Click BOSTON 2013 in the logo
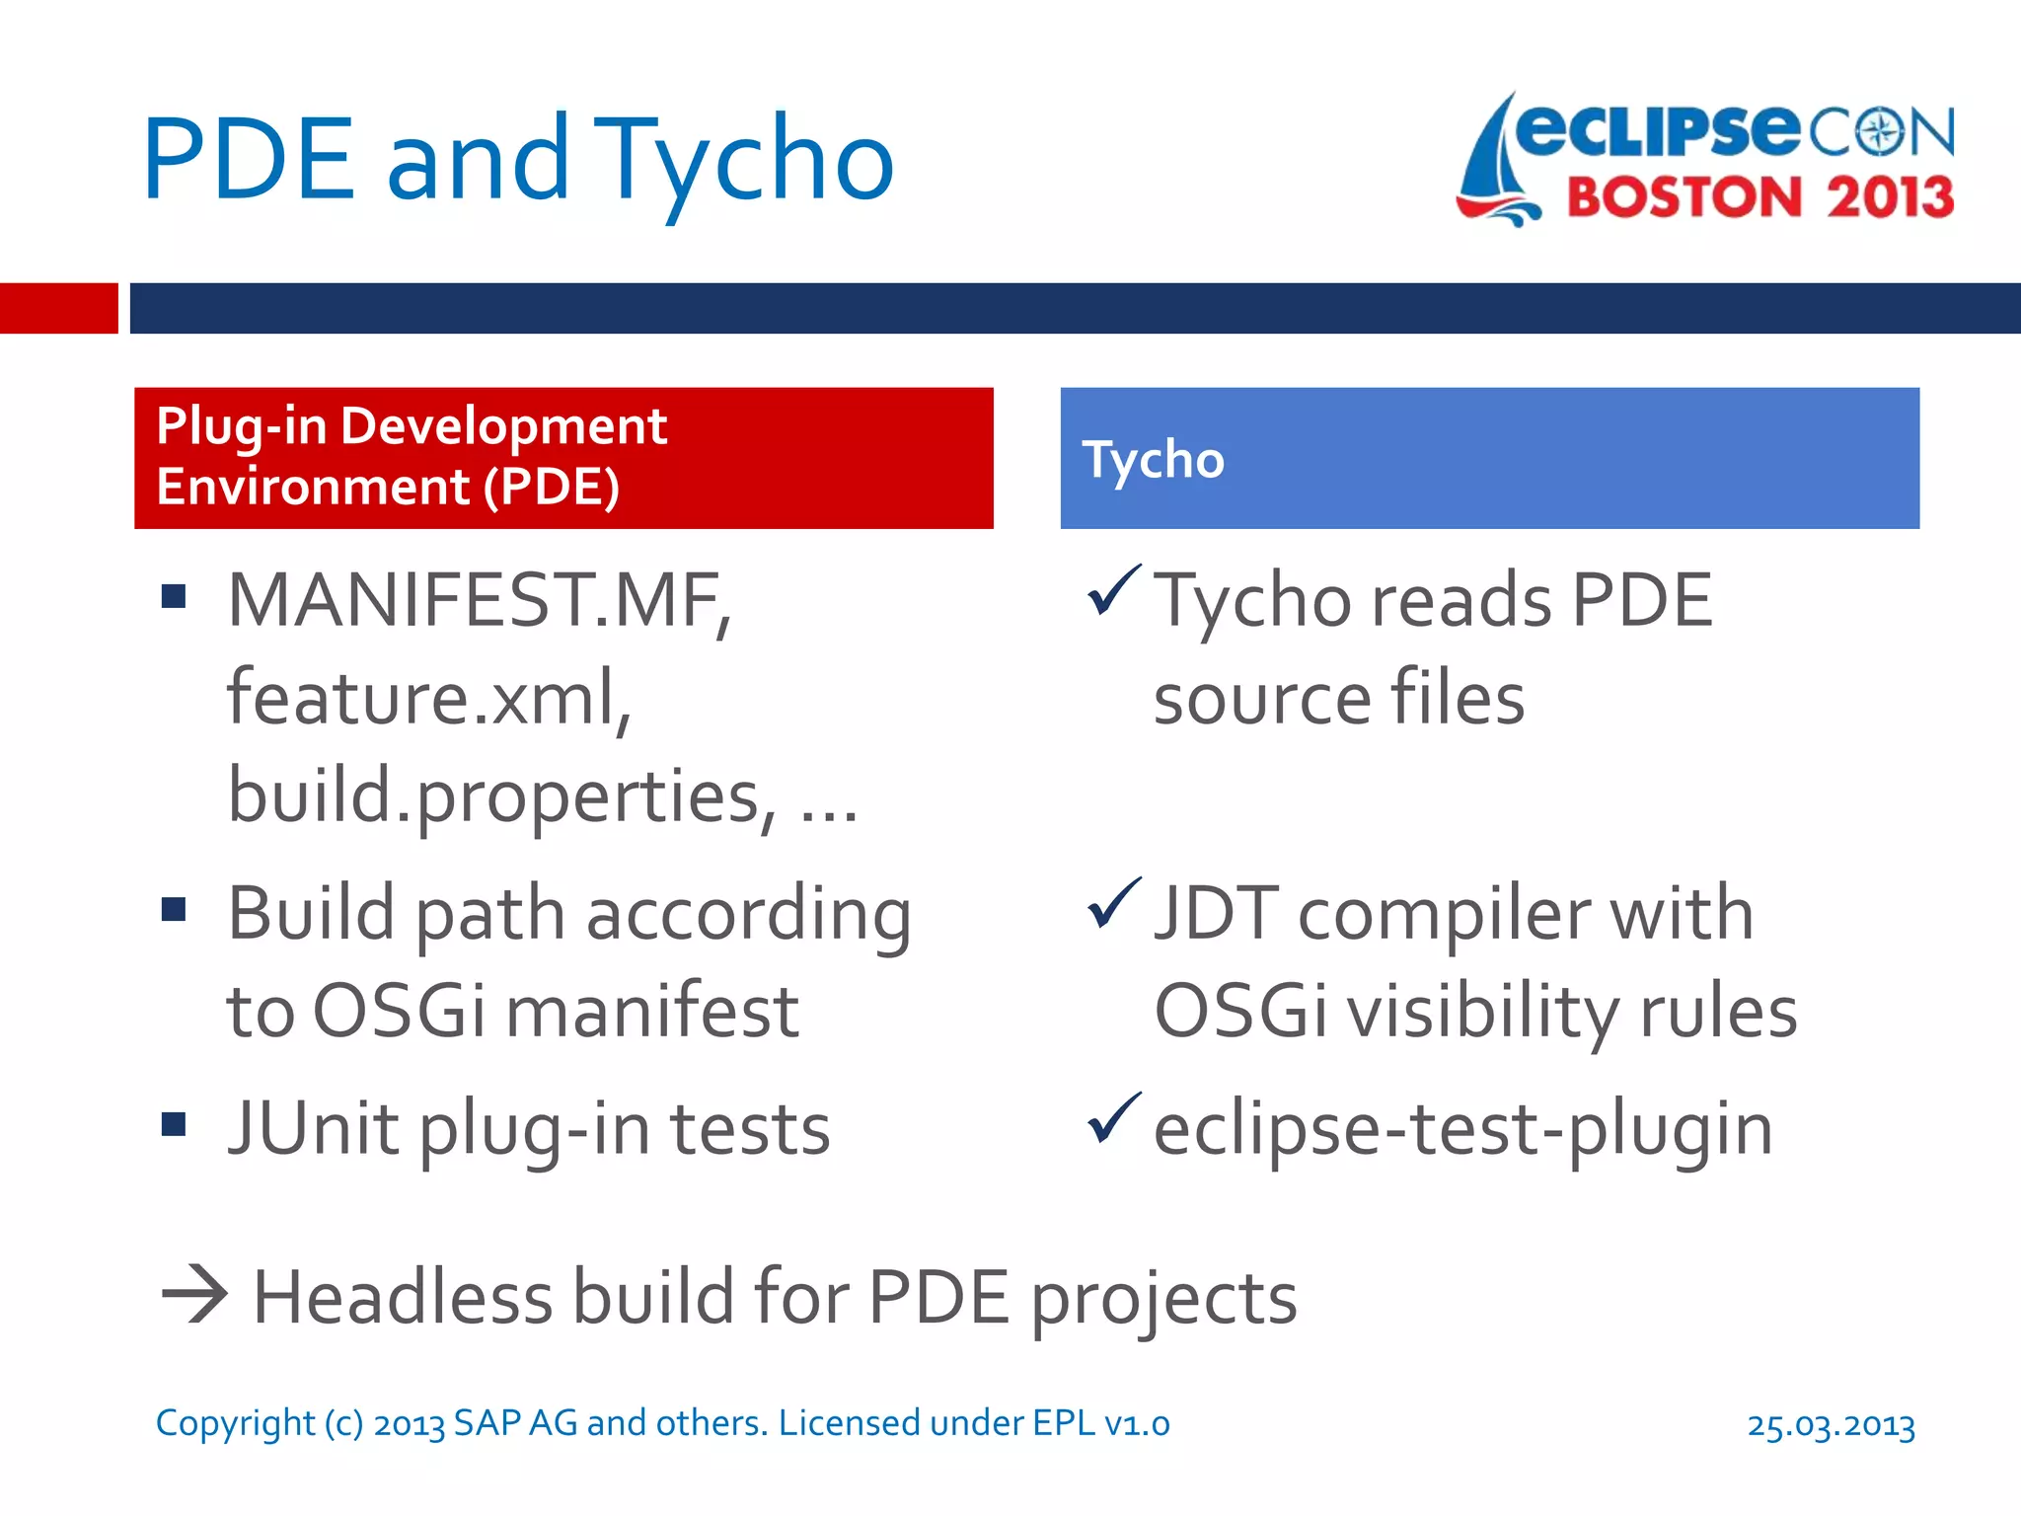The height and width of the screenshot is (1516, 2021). [1759, 197]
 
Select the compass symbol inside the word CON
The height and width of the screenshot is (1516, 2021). [1881, 132]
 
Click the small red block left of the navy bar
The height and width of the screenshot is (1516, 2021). [58, 308]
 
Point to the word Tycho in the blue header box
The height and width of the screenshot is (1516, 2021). [1153, 460]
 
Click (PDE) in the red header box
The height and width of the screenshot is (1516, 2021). [552, 488]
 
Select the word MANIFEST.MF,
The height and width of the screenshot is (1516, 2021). [480, 601]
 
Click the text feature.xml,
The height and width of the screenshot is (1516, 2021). [429, 698]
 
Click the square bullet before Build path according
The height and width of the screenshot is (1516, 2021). [174, 909]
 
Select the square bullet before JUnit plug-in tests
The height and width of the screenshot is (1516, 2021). [174, 1124]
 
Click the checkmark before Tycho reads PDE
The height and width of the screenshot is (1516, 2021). [1113, 591]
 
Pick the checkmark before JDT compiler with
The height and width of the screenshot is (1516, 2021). [1113, 904]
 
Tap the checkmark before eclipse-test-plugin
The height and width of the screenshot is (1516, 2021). [1113, 1119]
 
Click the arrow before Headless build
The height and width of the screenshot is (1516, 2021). [194, 1294]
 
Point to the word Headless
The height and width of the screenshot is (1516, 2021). [403, 1297]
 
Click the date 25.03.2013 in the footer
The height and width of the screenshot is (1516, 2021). [1831, 1425]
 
